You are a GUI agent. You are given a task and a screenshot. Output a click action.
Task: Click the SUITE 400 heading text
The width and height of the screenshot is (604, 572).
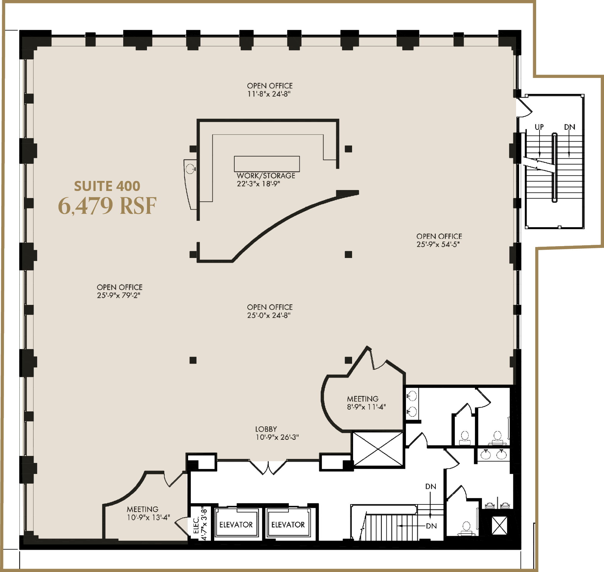pyautogui.click(x=107, y=186)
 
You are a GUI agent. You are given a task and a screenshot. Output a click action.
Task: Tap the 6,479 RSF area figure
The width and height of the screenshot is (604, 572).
pyautogui.click(x=107, y=206)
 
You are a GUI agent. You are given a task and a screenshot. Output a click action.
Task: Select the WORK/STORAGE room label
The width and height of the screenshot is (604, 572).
pyautogui.click(x=266, y=176)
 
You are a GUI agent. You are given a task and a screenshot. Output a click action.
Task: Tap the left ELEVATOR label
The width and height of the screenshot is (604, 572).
pyautogui.click(x=236, y=524)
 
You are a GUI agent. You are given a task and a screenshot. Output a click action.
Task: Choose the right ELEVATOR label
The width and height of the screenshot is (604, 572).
pyautogui.click(x=288, y=524)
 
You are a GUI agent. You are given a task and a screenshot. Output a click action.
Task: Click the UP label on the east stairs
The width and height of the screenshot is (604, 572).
pyautogui.click(x=539, y=127)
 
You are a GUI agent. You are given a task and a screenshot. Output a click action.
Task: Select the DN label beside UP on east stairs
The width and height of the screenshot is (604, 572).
pyautogui.click(x=570, y=127)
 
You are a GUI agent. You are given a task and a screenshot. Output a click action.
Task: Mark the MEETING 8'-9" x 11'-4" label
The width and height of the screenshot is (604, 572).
pyautogui.click(x=366, y=403)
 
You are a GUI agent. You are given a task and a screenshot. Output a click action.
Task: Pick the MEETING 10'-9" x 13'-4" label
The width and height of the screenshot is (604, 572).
pyautogui.click(x=148, y=513)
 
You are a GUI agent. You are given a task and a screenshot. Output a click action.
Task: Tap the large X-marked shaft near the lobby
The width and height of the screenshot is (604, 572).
pyautogui.click(x=378, y=449)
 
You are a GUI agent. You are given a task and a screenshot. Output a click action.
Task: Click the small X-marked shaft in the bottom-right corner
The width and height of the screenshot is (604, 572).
pyautogui.click(x=500, y=525)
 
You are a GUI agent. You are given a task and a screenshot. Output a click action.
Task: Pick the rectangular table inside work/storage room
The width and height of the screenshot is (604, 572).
pyautogui.click(x=267, y=164)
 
